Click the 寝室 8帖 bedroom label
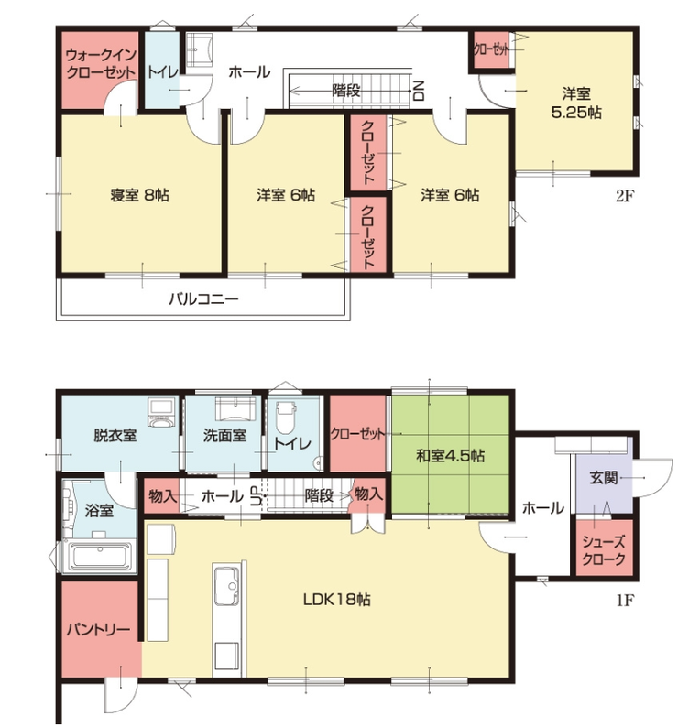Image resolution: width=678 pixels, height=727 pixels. click(139, 195)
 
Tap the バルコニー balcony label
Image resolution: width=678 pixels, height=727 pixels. click(203, 298)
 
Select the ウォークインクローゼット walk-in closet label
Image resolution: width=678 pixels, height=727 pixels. click(101, 63)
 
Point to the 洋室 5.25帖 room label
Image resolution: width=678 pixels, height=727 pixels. click(576, 103)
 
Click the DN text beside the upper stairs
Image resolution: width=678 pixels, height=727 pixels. click(419, 91)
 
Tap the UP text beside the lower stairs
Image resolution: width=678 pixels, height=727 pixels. click(257, 496)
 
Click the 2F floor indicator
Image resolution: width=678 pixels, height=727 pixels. click(625, 196)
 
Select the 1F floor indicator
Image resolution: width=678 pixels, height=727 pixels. click(625, 601)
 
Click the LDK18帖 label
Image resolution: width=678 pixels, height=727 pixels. click(336, 600)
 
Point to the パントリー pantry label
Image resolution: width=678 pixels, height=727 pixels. click(98, 629)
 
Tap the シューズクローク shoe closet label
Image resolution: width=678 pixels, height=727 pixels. click(603, 550)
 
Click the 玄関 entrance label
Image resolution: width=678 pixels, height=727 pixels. click(603, 478)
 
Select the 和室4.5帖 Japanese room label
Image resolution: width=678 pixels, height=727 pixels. click(450, 456)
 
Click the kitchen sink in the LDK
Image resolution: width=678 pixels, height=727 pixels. click(226, 588)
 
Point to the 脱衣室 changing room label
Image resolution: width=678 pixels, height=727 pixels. click(115, 435)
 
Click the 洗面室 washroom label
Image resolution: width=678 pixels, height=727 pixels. click(224, 435)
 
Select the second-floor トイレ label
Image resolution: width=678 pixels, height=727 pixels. click(162, 71)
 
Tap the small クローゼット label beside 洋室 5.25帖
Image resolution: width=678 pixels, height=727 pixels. click(491, 49)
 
